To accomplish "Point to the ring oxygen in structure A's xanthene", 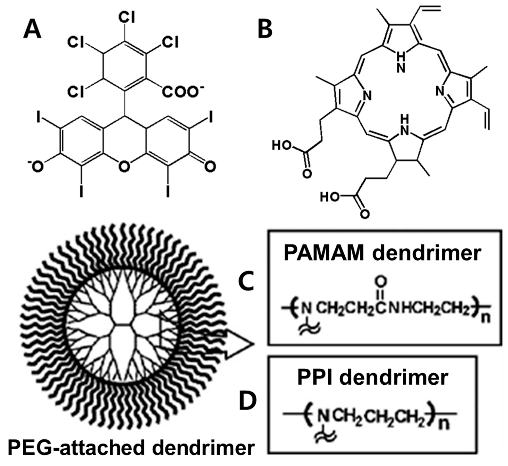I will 124,167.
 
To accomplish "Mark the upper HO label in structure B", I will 282,146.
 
